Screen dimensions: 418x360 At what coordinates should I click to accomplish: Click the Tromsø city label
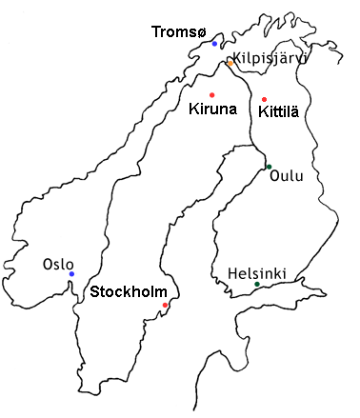pyautogui.click(x=177, y=32)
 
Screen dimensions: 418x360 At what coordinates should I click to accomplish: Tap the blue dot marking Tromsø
pyautogui.click(x=214, y=44)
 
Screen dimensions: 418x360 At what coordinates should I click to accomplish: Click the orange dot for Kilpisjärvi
pyautogui.click(x=229, y=63)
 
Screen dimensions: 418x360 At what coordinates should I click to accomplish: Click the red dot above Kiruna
pyautogui.click(x=211, y=94)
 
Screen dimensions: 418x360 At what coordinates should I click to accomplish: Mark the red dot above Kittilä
pyautogui.click(x=264, y=99)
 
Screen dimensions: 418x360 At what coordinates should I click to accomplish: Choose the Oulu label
pyautogui.click(x=287, y=175)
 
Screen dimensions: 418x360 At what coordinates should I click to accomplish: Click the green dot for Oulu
pyautogui.click(x=269, y=169)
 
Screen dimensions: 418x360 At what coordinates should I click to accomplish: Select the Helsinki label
pyautogui.click(x=257, y=273)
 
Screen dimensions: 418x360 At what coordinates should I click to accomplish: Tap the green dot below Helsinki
pyautogui.click(x=257, y=285)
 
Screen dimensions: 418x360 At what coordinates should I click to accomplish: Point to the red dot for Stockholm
pyautogui.click(x=165, y=305)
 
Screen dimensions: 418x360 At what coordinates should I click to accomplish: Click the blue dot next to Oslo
pyautogui.click(x=71, y=274)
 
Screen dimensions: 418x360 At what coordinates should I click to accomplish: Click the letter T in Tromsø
pyautogui.click(x=156, y=32)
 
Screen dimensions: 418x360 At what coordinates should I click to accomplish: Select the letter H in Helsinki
pyautogui.click(x=232, y=273)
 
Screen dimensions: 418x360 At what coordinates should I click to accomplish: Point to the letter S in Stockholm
pyautogui.click(x=93, y=292)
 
